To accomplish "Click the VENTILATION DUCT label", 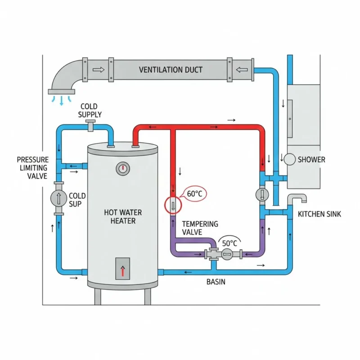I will coord(171,70).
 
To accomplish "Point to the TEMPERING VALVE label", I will coord(200,228).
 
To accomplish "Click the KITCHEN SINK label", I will coord(319,214).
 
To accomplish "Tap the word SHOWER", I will coord(311,159).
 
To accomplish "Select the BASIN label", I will coord(216,282).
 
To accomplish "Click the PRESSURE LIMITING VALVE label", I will coord(32,168).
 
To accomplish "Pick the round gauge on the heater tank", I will coord(122,169).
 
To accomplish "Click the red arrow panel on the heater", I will coord(122,268).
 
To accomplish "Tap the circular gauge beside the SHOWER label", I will coord(290,159).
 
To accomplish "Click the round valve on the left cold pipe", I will coord(58,198).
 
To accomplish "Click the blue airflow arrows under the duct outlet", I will coord(62,99).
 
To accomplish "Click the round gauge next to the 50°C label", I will coord(228,255).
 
